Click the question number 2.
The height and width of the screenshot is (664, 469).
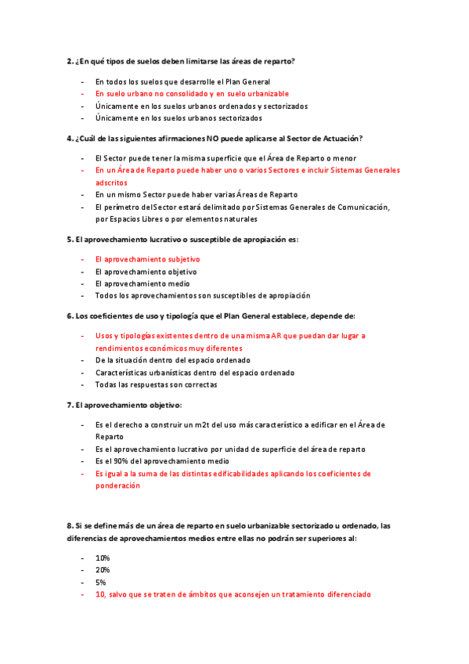tap(69, 60)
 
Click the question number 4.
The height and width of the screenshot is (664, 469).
tap(69, 138)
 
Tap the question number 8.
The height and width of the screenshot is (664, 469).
tap(69, 525)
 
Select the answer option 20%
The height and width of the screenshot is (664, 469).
tap(103, 570)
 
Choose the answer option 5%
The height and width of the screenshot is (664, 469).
tap(100, 583)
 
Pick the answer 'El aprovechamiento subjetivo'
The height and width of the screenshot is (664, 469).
tap(147, 258)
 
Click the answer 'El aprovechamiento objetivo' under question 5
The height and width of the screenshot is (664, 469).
tap(146, 271)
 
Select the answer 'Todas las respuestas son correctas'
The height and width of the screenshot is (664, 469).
tap(156, 384)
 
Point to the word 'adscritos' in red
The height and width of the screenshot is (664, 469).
tap(111, 182)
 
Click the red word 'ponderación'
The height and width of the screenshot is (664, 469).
tap(117, 485)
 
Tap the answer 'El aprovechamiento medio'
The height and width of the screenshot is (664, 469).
tap(143, 283)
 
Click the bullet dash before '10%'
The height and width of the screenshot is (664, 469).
tap(83, 558)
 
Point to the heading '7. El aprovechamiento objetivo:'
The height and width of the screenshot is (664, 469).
tap(124, 405)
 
